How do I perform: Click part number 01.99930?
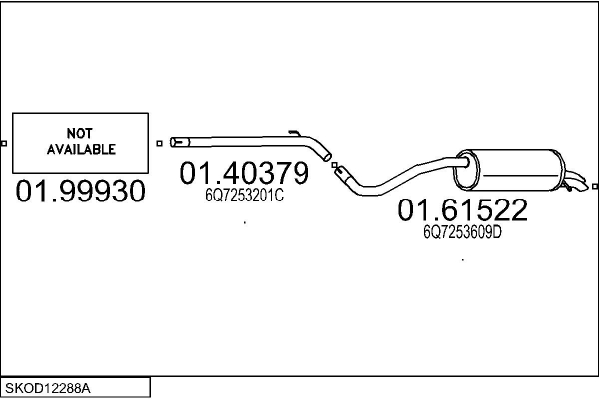[80, 191]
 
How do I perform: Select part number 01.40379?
[245, 173]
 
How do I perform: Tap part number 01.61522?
[462, 209]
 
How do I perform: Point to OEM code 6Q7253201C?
[245, 196]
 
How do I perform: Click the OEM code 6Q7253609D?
[462, 232]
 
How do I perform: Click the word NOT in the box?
[80, 133]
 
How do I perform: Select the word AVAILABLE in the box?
[81, 149]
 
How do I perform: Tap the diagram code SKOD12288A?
[48, 389]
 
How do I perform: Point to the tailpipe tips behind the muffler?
[575, 183]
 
